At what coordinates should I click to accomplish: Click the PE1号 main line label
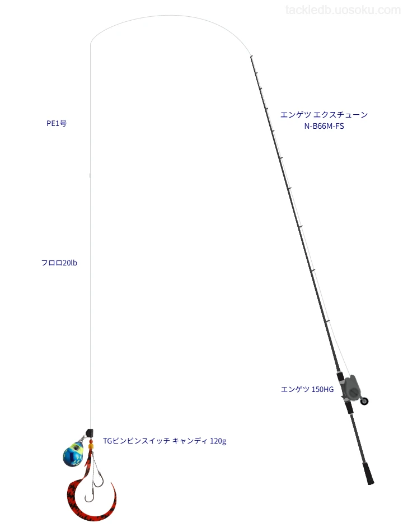pyautogui.click(x=57, y=123)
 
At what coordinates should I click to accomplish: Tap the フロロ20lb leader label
pyautogui.click(x=59, y=263)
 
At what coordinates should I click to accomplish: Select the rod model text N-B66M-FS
pyautogui.click(x=324, y=126)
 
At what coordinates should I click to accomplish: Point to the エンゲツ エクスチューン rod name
pyautogui.click(x=324, y=115)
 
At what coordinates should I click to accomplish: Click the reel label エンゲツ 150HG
pyautogui.click(x=307, y=389)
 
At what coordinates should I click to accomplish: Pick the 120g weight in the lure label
pyautogui.click(x=218, y=441)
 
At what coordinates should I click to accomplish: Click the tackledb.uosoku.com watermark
pyautogui.click(x=343, y=10)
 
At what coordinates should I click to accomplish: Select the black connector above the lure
pyautogui.click(x=89, y=433)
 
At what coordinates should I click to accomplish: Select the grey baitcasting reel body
pyautogui.click(x=351, y=387)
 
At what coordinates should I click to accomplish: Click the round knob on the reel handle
pyautogui.click(x=364, y=402)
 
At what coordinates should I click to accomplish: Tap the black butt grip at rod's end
pyautogui.click(x=369, y=473)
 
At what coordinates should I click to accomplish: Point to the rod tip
pyautogui.click(x=251, y=57)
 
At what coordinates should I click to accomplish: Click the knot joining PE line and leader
pyautogui.click(x=90, y=175)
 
